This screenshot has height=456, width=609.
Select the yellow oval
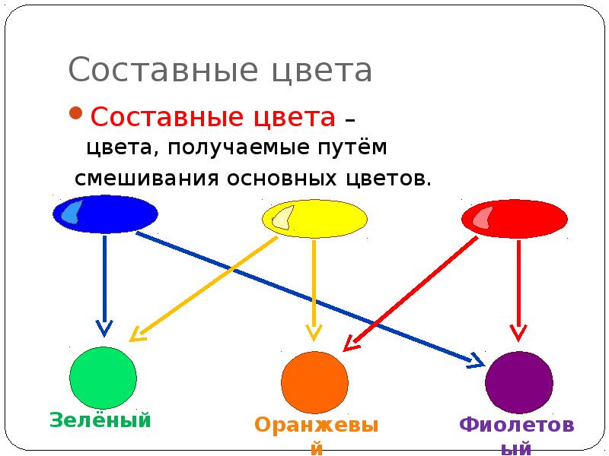320,219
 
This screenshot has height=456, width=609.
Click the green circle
103,378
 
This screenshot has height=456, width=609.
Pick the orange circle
314,382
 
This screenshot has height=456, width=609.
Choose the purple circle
519,382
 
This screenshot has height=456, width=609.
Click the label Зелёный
100,420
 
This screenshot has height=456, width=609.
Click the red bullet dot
76,115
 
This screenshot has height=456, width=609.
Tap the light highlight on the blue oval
71,212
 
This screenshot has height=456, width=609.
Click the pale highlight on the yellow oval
282,217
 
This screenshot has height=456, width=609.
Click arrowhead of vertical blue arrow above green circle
104,328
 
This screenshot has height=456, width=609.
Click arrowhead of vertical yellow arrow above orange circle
314,331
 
